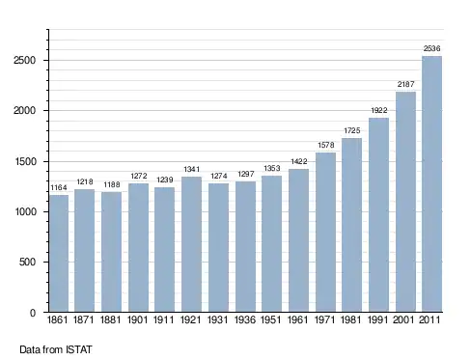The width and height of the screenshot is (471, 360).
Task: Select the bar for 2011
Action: (x=431, y=183)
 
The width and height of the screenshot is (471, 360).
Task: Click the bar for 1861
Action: (x=59, y=253)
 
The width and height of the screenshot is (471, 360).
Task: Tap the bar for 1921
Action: (x=191, y=244)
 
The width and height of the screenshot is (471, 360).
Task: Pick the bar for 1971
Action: (x=325, y=232)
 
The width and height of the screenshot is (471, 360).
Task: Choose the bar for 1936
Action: (x=245, y=246)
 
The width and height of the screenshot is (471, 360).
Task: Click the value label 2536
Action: (x=431, y=48)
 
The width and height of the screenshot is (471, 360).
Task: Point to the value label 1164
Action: (x=59, y=187)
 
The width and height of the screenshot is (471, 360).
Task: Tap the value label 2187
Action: (x=405, y=84)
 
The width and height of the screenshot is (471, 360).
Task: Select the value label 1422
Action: (x=299, y=161)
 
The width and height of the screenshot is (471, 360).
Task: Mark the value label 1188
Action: (x=112, y=184)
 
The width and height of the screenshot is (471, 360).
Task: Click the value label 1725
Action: (x=352, y=130)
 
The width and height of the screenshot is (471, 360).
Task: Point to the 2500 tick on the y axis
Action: (x=24, y=61)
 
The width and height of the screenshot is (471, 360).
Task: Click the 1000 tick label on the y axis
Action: (x=25, y=211)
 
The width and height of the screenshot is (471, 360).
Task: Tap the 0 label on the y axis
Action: (x=33, y=313)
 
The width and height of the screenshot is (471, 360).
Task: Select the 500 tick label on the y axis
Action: (x=27, y=262)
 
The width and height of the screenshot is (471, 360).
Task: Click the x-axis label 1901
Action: (x=137, y=319)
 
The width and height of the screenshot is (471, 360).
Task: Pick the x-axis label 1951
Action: (x=270, y=319)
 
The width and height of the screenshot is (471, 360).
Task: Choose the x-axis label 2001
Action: (x=403, y=319)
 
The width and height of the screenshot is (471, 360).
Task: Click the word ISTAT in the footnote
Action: (x=79, y=349)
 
